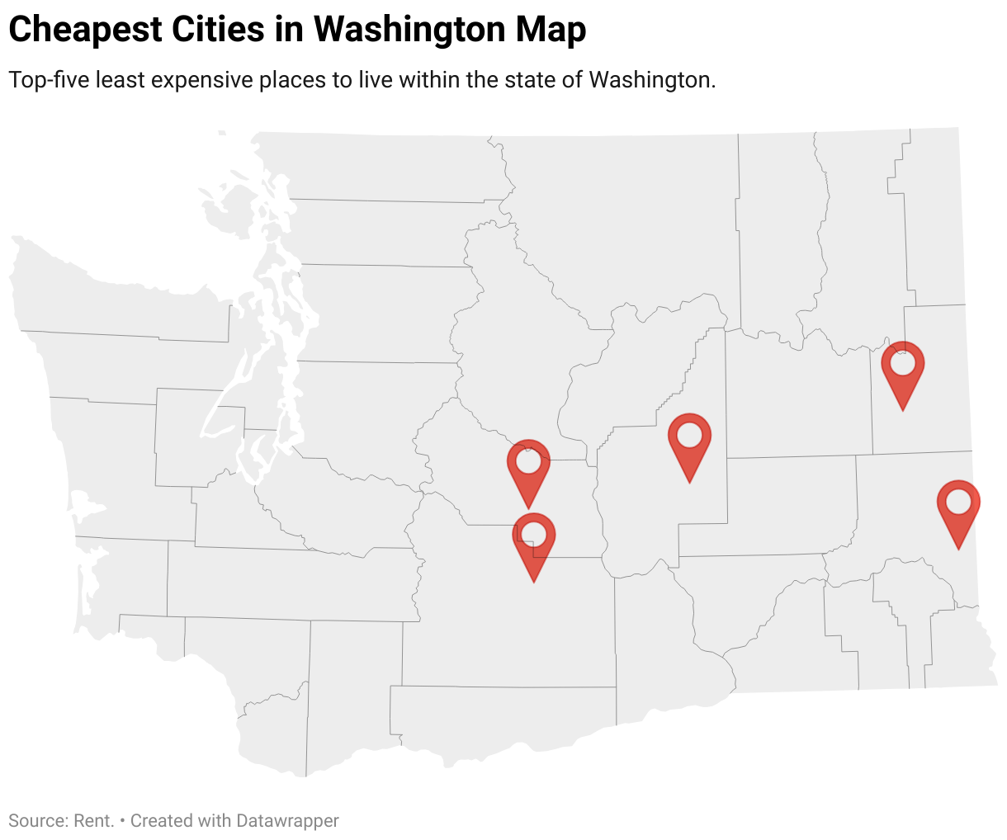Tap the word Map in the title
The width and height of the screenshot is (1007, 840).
pos(551,30)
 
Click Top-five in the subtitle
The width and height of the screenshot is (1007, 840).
pos(49,80)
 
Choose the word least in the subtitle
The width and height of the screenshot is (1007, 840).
pos(121,80)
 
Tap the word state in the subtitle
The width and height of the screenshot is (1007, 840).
pos(533,80)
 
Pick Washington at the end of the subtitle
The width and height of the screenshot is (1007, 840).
pos(652,80)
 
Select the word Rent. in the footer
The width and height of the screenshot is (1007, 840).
pos(94,821)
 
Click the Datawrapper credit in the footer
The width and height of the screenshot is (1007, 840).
pos(287,821)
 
